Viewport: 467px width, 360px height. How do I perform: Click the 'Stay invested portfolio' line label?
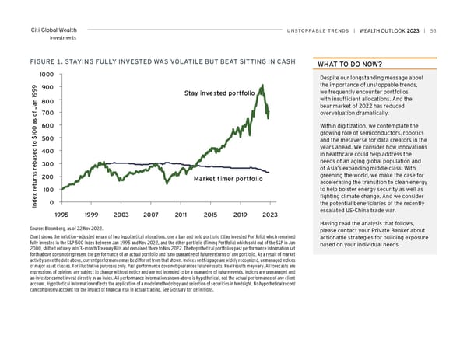click(219, 94)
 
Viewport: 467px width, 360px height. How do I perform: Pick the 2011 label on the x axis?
click(181, 214)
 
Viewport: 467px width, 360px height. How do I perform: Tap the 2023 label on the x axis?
click(269, 214)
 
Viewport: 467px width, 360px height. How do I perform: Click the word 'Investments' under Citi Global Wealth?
click(45, 37)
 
